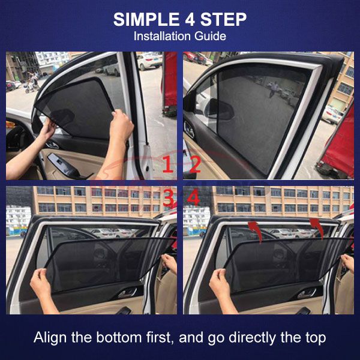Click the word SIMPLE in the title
146,20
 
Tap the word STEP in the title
223,20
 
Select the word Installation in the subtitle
163,36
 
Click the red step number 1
168,164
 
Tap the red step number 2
196,164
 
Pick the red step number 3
169,199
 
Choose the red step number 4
193,199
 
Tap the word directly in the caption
253,338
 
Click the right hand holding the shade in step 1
121,125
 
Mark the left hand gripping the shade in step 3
41,284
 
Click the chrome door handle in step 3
128,293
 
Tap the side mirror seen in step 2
219,109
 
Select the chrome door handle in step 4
307,293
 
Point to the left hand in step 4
220,284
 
